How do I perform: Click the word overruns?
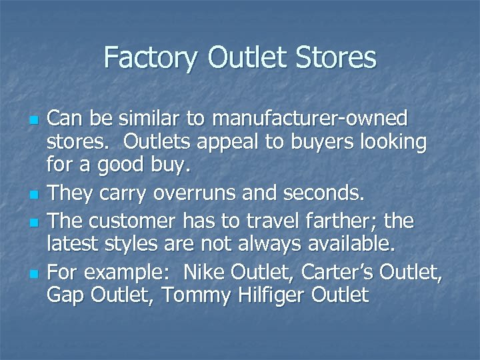point(196,194)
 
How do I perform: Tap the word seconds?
point(323,194)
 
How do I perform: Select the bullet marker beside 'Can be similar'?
point(32,121)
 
